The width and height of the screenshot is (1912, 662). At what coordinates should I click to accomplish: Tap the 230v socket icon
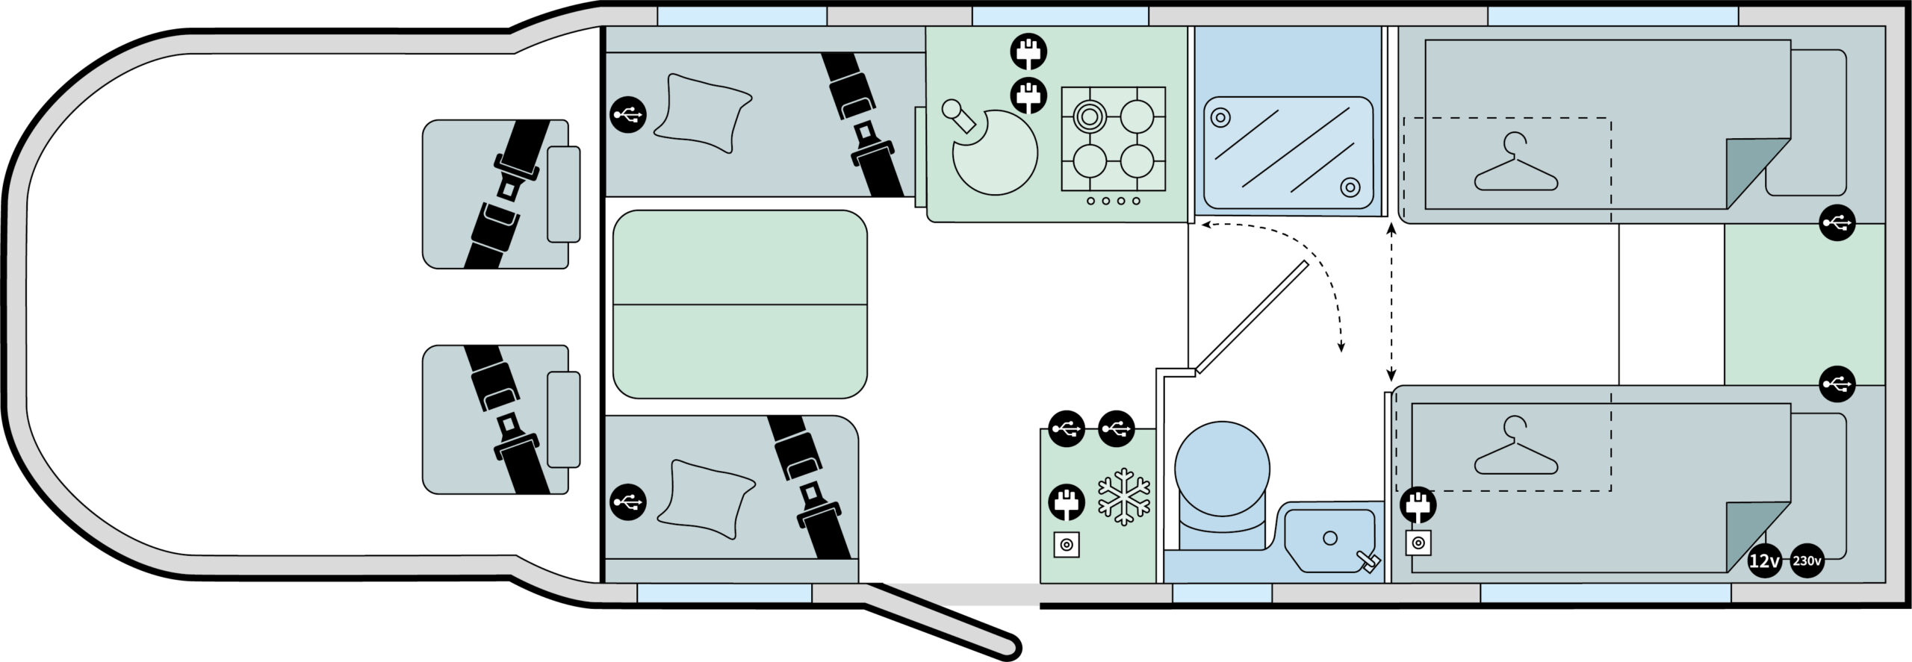(x=1807, y=560)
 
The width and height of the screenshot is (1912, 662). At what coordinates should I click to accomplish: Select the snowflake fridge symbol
(x=1125, y=496)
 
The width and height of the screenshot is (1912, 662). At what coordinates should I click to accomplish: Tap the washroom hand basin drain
(x=1329, y=537)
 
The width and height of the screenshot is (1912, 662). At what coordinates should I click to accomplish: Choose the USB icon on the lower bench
(x=628, y=502)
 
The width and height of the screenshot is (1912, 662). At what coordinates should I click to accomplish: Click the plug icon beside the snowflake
(x=1067, y=502)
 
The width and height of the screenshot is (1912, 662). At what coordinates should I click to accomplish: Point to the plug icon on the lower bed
(x=1418, y=504)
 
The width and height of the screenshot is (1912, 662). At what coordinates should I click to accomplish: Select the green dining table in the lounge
(x=739, y=305)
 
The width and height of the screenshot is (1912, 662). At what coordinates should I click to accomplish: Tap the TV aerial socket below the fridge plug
(x=1066, y=545)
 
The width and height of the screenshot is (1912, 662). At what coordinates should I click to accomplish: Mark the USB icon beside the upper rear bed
(x=1837, y=222)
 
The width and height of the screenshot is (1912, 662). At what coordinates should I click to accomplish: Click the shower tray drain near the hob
(x=1220, y=117)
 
